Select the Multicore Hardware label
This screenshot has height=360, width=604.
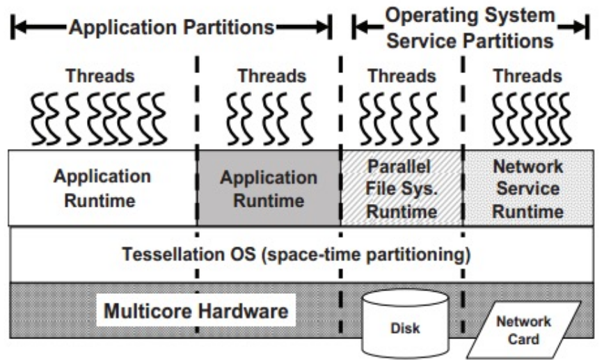pyautogui.click(x=196, y=311)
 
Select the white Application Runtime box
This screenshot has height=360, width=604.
pyautogui.click(x=102, y=188)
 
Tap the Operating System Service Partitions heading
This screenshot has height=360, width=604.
pyautogui.click(x=470, y=28)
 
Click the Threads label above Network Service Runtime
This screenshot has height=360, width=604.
pyautogui.click(x=527, y=75)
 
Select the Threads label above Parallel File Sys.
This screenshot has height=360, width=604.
pyautogui.click(x=402, y=75)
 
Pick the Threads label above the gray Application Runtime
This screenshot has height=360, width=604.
pyautogui.click(x=271, y=75)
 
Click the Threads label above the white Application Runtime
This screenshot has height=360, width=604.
pyautogui.click(x=100, y=75)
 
